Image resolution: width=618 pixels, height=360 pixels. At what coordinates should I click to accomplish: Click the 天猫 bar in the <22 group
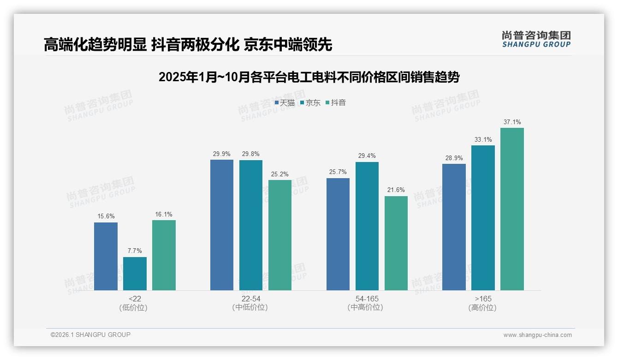(106, 256)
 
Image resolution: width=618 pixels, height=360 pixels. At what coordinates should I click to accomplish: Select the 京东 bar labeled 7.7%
(135, 274)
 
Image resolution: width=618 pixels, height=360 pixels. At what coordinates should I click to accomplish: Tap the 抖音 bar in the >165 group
(512, 209)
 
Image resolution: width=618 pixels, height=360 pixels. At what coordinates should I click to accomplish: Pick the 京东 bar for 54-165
(367, 226)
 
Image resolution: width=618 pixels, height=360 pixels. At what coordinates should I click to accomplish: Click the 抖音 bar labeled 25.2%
(280, 235)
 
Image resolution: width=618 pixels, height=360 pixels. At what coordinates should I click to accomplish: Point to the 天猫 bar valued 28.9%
(454, 227)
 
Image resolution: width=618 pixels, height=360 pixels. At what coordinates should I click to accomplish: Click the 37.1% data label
(512, 122)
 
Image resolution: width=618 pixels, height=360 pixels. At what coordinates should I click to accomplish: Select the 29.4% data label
(367, 156)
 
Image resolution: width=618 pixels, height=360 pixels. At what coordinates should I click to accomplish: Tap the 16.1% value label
(164, 215)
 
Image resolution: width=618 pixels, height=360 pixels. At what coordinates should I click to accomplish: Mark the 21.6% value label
(396, 190)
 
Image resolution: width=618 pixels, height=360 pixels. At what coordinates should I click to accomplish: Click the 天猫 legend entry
(285, 103)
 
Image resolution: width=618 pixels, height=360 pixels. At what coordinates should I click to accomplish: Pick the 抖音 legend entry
(336, 103)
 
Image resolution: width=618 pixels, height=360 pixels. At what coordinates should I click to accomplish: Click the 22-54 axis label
(250, 299)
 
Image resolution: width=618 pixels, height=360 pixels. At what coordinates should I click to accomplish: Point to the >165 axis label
(483, 299)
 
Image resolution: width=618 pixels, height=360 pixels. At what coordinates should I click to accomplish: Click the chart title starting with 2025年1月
(309, 77)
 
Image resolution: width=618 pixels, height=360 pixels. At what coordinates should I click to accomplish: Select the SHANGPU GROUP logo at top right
(536, 39)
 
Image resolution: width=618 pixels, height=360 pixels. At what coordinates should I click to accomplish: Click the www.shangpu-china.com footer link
(537, 335)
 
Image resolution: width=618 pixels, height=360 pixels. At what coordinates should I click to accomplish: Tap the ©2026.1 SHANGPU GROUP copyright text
(90, 335)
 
